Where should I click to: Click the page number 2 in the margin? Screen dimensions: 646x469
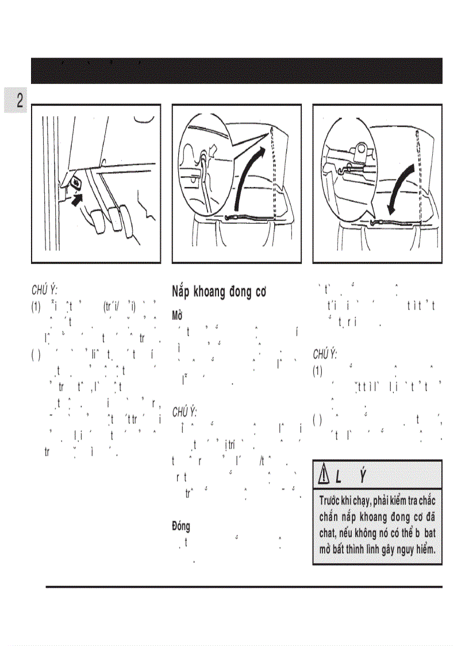click(19, 101)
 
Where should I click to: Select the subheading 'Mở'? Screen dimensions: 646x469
click(177, 316)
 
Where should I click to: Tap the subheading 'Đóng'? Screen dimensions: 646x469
click(181, 526)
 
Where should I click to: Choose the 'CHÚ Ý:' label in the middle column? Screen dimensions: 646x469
click(185, 412)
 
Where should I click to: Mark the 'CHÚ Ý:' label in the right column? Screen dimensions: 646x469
click(325, 354)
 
